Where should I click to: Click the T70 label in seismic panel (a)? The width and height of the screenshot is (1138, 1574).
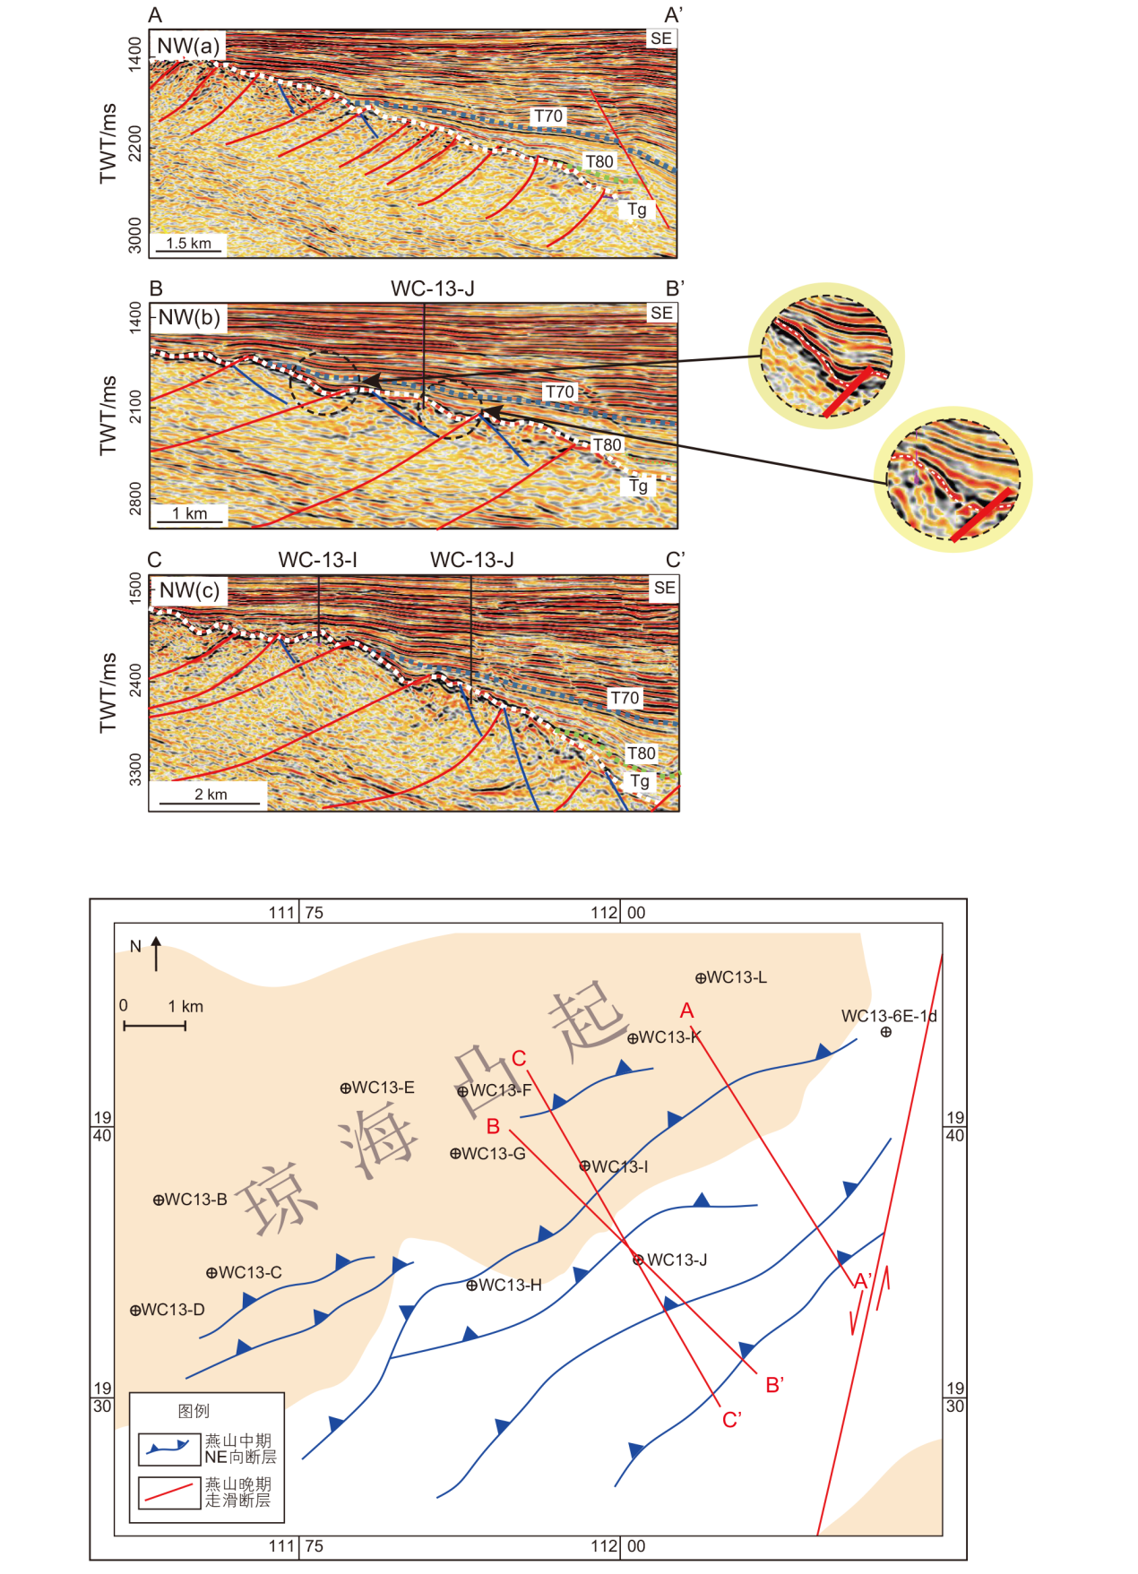(x=548, y=116)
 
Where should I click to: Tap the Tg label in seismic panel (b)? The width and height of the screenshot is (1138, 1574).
(x=638, y=486)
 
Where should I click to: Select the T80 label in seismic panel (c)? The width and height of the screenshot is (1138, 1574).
(x=641, y=753)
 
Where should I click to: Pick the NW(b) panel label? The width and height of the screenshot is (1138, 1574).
(x=188, y=317)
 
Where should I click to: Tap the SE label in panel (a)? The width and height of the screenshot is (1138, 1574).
(x=661, y=39)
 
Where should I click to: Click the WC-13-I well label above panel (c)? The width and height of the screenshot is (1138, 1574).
(x=318, y=561)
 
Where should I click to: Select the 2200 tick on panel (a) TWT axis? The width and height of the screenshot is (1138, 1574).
(x=134, y=142)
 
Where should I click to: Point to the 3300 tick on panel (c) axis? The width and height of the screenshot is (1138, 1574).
(x=135, y=769)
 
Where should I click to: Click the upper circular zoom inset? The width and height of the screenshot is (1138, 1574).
(x=825, y=356)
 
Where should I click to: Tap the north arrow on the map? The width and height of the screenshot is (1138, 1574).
(x=156, y=953)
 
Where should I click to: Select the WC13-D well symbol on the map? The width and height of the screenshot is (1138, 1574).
(x=135, y=1311)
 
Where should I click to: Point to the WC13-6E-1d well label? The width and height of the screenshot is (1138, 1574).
(x=889, y=1016)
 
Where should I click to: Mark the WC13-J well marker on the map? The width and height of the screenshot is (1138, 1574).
(x=638, y=1260)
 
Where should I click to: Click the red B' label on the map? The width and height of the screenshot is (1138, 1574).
(x=775, y=1385)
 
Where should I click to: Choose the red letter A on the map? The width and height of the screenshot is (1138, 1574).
(x=687, y=1011)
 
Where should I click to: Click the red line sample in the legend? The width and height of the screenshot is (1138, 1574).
(x=169, y=1492)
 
